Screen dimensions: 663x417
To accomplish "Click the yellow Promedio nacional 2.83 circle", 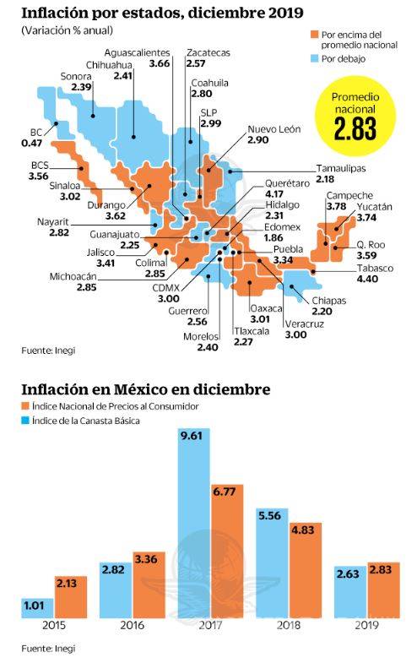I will [x=354, y=119].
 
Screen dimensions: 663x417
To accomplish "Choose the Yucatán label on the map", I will [x=374, y=206].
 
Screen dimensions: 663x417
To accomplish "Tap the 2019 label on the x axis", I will [x=365, y=627].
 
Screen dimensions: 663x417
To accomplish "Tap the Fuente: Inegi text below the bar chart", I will [x=44, y=649].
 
